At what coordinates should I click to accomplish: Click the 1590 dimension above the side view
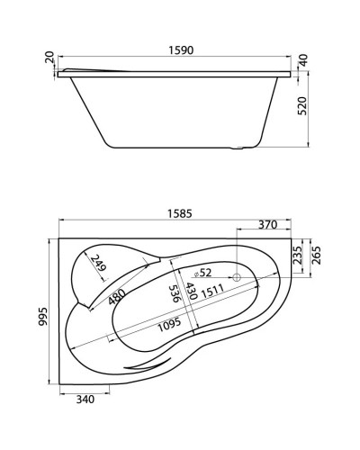(x=179, y=53)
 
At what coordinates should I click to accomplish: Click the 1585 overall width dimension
(x=178, y=212)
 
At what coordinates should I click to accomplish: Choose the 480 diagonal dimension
(x=117, y=297)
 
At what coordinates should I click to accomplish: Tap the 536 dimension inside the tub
(x=173, y=293)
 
